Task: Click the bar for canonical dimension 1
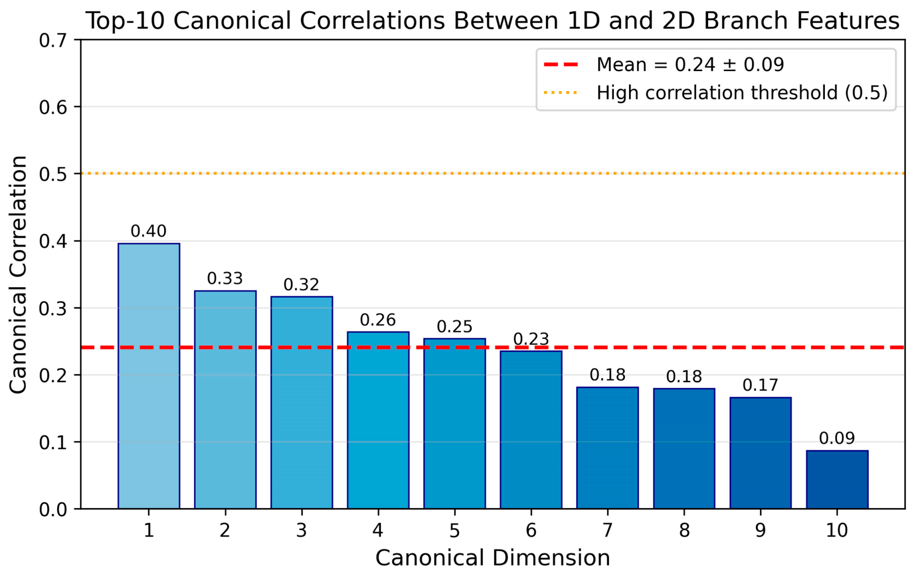point(149,376)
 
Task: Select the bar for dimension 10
point(837,480)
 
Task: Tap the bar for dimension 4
point(378,420)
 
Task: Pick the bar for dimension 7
point(607,448)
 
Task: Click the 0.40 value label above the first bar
point(148,231)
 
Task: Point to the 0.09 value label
point(837,438)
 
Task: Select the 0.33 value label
point(225,279)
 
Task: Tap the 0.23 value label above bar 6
point(531,339)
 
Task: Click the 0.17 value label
point(760,385)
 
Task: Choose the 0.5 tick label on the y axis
point(53,174)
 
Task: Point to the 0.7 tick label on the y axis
point(53,40)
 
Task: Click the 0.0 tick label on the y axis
point(53,510)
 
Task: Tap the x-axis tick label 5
point(454,530)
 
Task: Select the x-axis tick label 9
point(760,530)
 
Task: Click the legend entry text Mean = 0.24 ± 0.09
point(690,65)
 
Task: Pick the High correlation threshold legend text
point(742,93)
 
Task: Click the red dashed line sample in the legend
point(561,65)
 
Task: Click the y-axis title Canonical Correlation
point(18,275)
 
